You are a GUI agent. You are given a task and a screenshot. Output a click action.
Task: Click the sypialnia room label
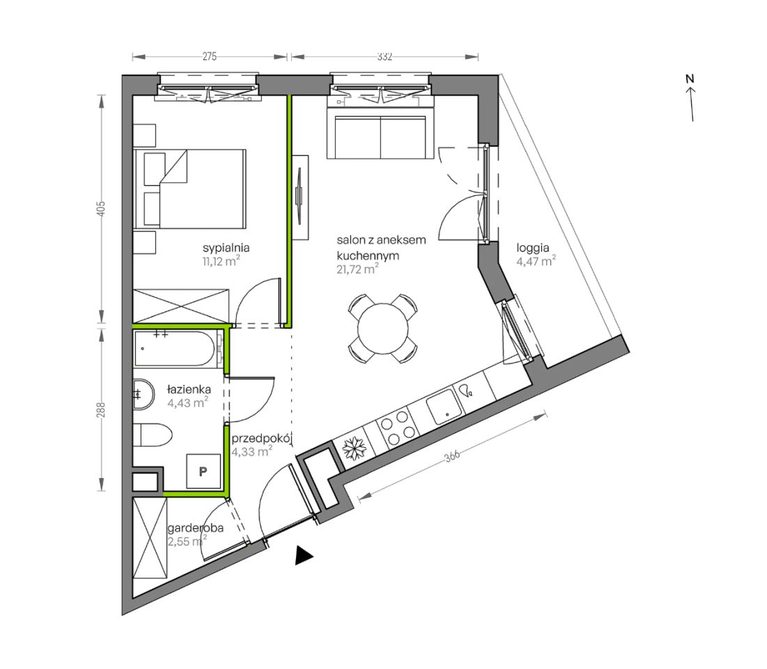(226, 247)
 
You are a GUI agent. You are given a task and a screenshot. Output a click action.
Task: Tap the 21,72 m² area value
(357, 269)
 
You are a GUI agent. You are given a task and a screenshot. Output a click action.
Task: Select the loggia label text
(533, 248)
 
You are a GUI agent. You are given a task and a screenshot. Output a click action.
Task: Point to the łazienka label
(189, 390)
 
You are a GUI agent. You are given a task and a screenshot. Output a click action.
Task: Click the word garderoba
(196, 528)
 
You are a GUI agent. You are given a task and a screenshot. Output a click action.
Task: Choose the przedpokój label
(262, 438)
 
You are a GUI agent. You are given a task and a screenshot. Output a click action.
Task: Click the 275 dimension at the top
(210, 56)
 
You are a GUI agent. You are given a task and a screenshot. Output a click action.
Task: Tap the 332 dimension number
(385, 56)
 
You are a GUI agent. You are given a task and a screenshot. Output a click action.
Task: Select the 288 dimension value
(101, 410)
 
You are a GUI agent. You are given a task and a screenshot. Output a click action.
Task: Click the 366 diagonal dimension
(452, 456)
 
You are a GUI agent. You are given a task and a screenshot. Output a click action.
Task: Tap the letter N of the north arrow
(690, 79)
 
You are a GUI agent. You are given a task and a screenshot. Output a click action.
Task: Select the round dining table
(382, 328)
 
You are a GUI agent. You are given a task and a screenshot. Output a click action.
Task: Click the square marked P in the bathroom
(203, 472)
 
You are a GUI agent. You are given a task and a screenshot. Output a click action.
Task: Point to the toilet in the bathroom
(153, 435)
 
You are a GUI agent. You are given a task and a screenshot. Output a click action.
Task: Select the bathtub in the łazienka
(174, 349)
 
